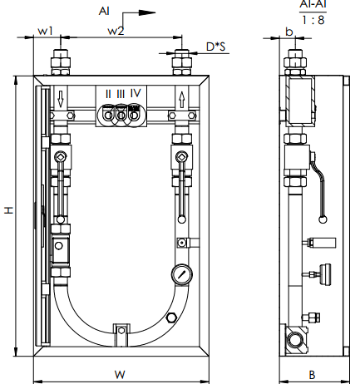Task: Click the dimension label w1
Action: point(45,31)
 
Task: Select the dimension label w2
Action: point(116,31)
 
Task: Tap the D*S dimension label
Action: point(216,47)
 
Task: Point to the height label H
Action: point(8,210)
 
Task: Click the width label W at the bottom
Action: point(120,375)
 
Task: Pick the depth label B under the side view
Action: point(312,375)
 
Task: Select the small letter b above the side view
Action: point(289,32)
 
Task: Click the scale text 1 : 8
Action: point(313,20)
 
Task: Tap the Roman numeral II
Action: point(108,94)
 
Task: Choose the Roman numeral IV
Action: point(136,93)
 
